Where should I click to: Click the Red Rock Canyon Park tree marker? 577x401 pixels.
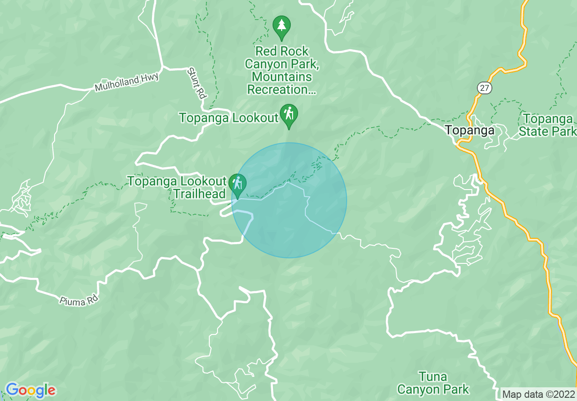[x=282, y=26]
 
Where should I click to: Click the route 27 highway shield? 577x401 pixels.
[x=485, y=87]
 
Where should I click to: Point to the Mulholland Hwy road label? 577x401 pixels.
[x=127, y=82]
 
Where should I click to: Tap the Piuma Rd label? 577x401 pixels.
[x=78, y=301]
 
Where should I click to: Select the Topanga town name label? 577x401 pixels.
[x=470, y=130]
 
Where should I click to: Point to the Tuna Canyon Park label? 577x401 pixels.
[x=433, y=383]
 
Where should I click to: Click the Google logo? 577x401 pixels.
[x=30, y=390]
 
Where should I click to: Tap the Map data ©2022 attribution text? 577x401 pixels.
[x=538, y=394]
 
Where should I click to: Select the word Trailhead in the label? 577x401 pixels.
[x=199, y=194]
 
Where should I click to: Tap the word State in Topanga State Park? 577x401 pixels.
[x=537, y=132]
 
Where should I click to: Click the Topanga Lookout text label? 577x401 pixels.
[x=228, y=118]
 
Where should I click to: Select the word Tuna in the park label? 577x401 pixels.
[x=433, y=377]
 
